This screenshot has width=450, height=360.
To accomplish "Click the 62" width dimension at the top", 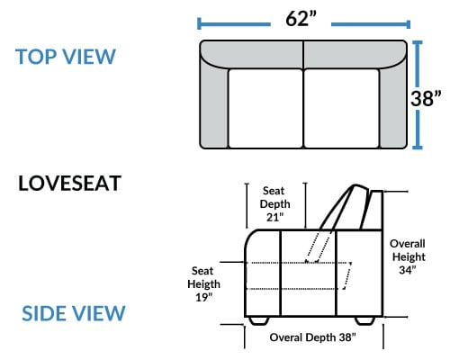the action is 301,19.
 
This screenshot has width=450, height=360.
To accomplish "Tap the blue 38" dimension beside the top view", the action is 426,98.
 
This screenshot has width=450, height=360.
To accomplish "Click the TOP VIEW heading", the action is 66,57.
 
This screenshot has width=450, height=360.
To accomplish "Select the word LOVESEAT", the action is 69,184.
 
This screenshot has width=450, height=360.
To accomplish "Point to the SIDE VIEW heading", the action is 74,313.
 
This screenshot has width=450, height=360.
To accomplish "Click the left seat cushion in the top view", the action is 265,108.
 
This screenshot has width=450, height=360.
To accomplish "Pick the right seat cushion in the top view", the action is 342,108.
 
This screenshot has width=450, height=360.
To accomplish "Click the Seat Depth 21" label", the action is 274,203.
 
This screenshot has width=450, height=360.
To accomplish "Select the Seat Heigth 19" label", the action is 203,284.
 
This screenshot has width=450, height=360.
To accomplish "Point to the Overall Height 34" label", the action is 408,256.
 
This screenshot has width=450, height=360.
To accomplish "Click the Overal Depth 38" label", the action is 312,337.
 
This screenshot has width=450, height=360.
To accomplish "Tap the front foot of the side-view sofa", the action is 259,320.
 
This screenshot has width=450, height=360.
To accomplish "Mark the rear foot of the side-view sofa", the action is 364,320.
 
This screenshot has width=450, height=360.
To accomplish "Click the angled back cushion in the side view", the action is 345,207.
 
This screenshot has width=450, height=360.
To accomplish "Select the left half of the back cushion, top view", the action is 252,54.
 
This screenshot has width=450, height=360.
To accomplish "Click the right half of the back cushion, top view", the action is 355,54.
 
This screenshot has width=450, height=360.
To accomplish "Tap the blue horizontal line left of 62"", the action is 234,24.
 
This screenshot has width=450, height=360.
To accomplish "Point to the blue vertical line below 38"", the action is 418,130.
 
